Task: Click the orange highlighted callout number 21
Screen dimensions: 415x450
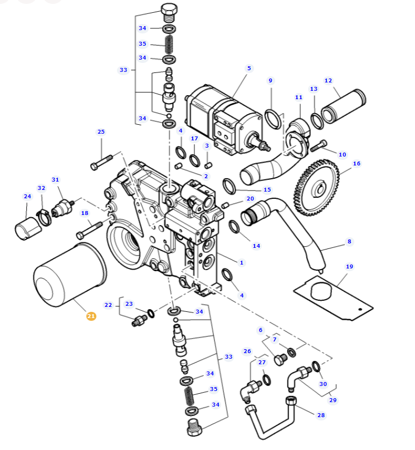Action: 91,316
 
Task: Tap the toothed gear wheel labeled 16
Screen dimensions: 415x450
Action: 316,188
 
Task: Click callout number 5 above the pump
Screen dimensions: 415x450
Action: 249,69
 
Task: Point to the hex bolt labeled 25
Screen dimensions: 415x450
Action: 101,163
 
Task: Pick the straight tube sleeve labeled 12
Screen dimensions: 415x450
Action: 343,106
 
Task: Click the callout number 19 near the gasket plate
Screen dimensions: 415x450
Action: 349,266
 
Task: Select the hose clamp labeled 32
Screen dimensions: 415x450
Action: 45,217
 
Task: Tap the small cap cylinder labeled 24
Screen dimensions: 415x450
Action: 28,228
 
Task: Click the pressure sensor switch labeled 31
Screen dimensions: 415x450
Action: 62,209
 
